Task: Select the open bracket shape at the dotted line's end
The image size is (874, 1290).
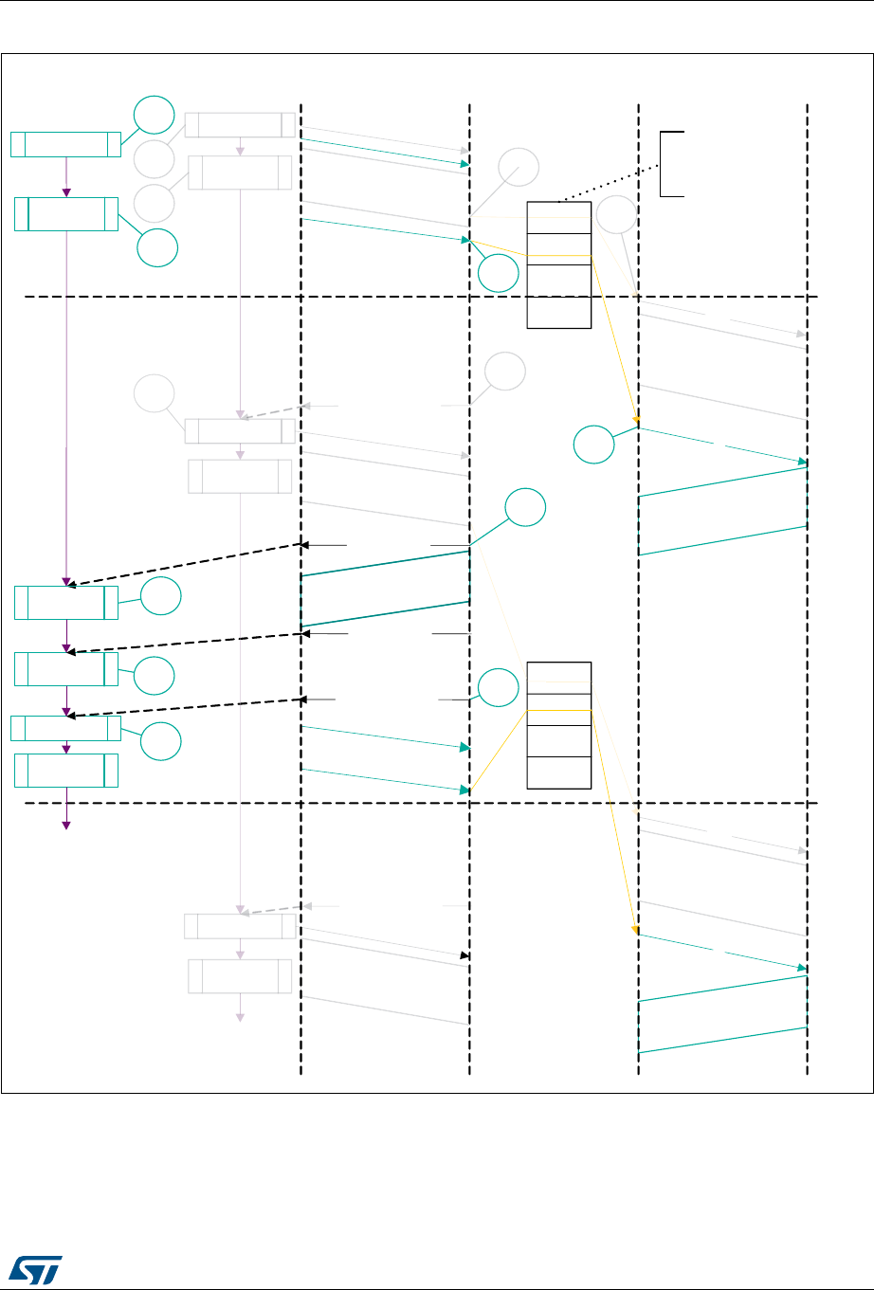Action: click(671, 164)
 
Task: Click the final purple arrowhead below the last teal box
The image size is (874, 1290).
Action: click(66, 825)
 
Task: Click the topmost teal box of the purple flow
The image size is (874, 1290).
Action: click(65, 144)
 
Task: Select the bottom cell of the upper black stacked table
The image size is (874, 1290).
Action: click(559, 313)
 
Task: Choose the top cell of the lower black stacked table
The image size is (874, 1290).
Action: click(559, 678)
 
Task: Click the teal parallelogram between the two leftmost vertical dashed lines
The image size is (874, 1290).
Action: click(385, 589)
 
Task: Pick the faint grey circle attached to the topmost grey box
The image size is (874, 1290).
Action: click(154, 158)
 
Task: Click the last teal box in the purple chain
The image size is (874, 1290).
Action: click(66, 770)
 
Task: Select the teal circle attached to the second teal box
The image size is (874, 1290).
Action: click(157, 247)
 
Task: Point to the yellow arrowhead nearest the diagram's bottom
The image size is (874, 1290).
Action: click(636, 931)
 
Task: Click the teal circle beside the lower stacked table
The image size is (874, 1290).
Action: click(498, 688)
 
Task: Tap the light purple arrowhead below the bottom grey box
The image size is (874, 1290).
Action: click(240, 1017)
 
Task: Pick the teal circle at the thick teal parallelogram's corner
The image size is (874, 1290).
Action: click(525, 508)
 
